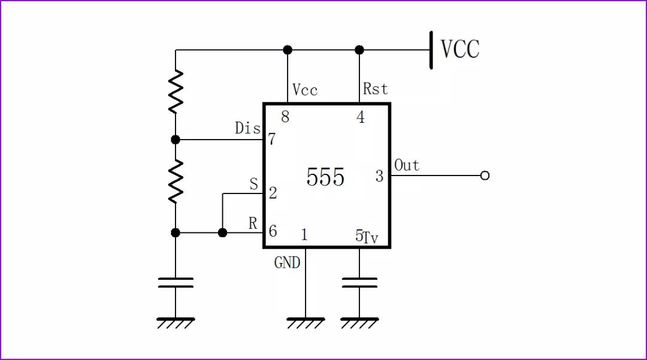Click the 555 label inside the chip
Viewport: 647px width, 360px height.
pos(325,177)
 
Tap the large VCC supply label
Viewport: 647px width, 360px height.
pos(460,49)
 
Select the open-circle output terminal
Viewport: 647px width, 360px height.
pos(485,176)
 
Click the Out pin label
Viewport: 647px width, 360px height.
pos(407,165)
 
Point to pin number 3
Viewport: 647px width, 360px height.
pos(379,176)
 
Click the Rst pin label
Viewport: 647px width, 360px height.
pos(376,89)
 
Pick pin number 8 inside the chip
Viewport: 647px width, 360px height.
pos(285,117)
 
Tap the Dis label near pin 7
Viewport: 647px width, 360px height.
pos(247,128)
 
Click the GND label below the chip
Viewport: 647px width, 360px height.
pos(287,262)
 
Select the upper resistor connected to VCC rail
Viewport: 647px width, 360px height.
pos(176,92)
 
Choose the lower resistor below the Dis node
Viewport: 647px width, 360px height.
pos(176,181)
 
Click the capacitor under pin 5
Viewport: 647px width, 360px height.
pos(359,283)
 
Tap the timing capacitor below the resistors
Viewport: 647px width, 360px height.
pos(176,282)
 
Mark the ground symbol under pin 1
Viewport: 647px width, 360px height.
pos(306,323)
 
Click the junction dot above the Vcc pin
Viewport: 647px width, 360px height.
pos(288,50)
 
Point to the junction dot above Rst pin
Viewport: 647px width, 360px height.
pos(359,50)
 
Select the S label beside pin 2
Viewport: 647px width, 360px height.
pos(254,184)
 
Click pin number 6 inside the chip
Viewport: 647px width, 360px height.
pos(273,232)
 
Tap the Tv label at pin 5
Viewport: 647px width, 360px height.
pos(371,238)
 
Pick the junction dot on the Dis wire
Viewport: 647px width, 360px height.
pos(176,140)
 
